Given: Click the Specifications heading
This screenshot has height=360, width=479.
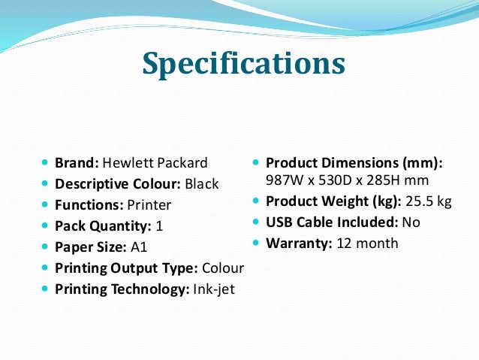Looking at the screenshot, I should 243,63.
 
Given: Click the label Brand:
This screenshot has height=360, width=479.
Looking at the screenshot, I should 77,162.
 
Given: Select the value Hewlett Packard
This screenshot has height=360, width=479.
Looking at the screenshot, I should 155,162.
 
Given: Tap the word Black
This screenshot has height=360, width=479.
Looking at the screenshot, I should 202,183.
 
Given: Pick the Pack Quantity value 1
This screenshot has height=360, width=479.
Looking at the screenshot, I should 159,225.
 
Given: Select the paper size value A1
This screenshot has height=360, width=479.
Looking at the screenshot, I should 140,247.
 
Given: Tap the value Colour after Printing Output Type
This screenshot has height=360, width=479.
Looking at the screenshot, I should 222,268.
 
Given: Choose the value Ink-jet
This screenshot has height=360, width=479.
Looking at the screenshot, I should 213,289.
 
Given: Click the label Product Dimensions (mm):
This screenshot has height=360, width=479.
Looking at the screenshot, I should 354,162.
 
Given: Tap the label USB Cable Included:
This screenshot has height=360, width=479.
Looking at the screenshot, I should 332,222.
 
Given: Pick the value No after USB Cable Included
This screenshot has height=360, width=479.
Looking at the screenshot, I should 411,222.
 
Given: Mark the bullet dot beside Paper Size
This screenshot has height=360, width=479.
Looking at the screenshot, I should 45,247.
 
